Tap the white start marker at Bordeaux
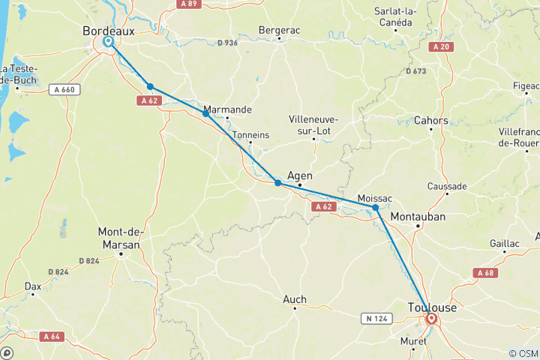pyautogui.click(x=109, y=42)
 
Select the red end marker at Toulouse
pyautogui.click(x=431, y=319)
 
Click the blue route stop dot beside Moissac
pyautogui.click(x=376, y=208)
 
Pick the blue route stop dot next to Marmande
pyautogui.click(x=206, y=113)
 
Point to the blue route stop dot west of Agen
pyautogui.click(x=277, y=183)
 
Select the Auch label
pyautogui.click(x=294, y=299)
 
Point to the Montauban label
pyautogui.click(x=418, y=216)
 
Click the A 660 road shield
pyautogui.click(x=64, y=90)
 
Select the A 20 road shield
pyautogui.click(x=442, y=46)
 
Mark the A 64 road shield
pyautogui.click(x=51, y=336)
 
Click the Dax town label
pyautogui.click(x=33, y=286)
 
